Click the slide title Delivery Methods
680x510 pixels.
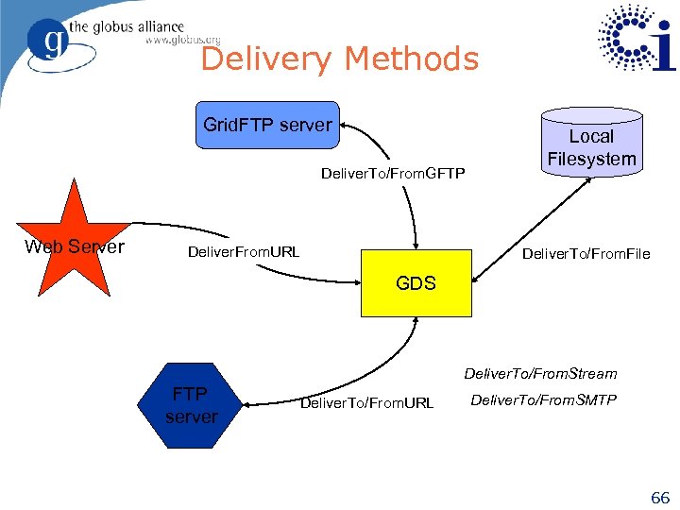(340, 59)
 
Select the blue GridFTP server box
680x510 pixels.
(267, 125)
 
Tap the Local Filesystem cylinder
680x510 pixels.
(591, 143)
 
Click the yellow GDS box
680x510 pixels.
(416, 282)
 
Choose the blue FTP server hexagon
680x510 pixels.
(191, 404)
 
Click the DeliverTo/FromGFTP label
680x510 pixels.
(393, 174)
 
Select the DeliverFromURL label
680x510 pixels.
(244, 252)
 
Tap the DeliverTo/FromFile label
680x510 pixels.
(586, 253)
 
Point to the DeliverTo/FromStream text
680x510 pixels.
(540, 374)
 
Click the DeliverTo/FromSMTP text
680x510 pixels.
(543, 400)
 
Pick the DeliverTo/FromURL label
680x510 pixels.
(366, 403)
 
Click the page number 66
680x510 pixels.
(659, 497)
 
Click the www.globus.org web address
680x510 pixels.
(182, 41)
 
